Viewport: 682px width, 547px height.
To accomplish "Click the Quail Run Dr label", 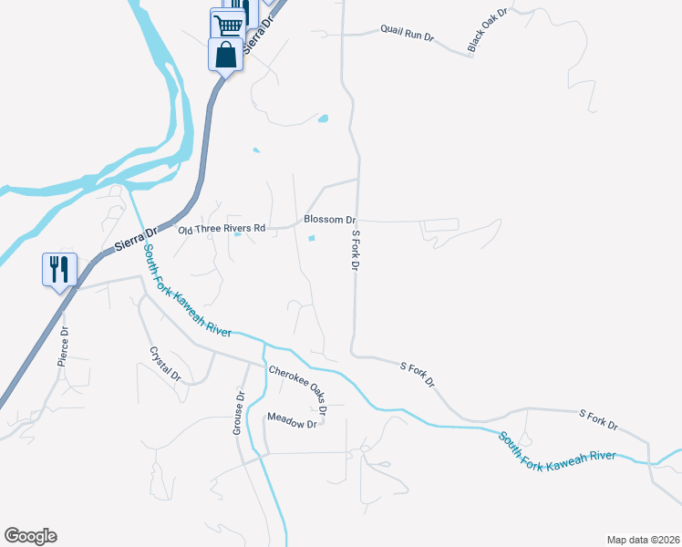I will (408, 35).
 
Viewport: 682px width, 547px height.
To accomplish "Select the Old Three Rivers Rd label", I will (222, 229).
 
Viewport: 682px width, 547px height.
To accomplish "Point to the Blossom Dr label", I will (329, 220).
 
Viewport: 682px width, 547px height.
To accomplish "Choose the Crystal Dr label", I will (165, 363).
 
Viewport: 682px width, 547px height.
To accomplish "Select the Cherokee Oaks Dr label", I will (297, 391).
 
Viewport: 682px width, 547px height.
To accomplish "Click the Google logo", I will (30, 535).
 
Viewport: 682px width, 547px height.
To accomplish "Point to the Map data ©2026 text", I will (643, 539).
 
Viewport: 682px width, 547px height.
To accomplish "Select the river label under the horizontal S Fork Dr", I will (557, 453).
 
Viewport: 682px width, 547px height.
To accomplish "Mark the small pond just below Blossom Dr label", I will (313, 240).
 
